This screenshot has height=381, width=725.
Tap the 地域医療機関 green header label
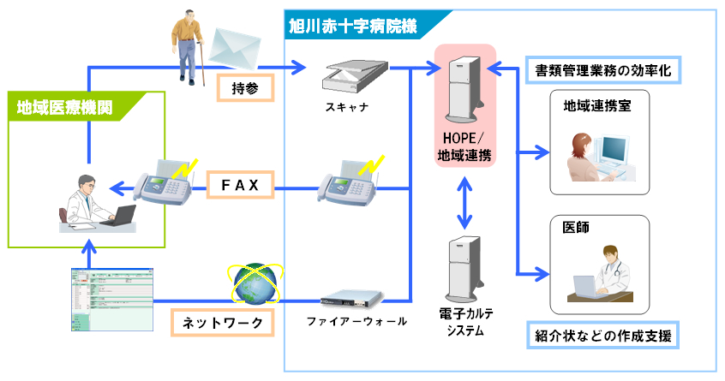[x=66, y=107]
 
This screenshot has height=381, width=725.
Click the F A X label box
[x=240, y=183]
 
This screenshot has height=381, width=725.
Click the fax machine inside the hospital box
[x=348, y=182]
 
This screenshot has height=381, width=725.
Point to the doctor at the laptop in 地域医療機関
[x=94, y=202]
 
